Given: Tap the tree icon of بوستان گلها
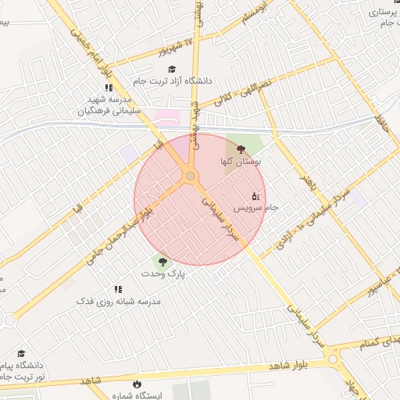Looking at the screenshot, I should pos(240,148).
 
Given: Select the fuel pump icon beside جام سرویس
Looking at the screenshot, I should pos(255,196).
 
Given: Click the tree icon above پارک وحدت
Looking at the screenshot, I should pos(162,262).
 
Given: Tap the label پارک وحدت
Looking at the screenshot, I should pos(162,274).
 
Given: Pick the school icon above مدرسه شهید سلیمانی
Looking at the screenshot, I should pos(109,88).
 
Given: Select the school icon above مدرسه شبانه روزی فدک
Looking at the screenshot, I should pos(119,289).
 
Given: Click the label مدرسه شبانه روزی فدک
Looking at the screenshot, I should pos(118,301).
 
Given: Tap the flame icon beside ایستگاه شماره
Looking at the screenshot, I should pos(137,384).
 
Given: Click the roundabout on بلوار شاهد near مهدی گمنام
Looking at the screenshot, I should pos(334,360).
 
